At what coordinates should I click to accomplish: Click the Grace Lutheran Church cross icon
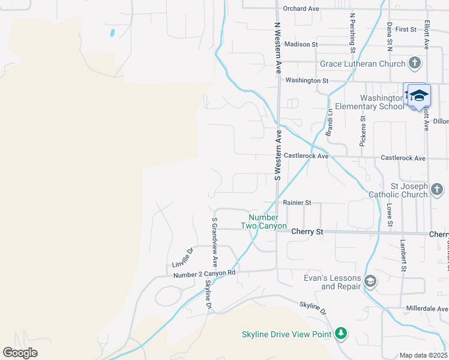click(415, 64)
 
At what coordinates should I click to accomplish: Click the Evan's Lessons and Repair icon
click(370, 281)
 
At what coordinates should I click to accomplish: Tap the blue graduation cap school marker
click(419, 96)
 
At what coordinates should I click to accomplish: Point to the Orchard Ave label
click(301, 9)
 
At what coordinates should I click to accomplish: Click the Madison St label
click(301, 44)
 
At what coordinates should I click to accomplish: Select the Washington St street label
click(307, 80)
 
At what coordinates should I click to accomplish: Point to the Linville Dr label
click(182, 258)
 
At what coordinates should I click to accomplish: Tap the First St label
click(406, 29)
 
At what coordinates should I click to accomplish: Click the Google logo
click(20, 353)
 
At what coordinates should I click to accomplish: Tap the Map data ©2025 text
click(423, 355)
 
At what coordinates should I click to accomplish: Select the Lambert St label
click(403, 257)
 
